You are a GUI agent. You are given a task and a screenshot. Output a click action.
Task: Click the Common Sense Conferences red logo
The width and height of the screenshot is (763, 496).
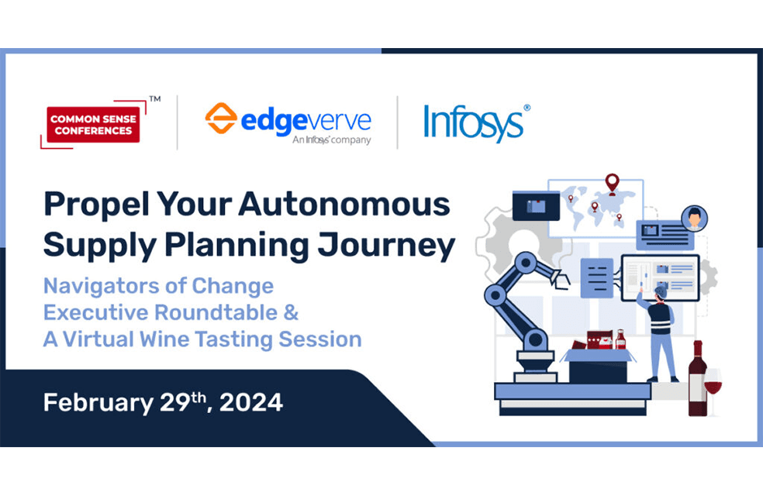[x=93, y=125]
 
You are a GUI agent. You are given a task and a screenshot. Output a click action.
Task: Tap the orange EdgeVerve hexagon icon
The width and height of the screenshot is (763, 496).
[x=221, y=118]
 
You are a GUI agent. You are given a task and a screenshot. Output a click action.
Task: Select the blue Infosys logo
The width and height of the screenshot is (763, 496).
[x=473, y=123]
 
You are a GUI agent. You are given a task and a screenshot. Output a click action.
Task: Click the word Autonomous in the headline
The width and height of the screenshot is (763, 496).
[x=344, y=204]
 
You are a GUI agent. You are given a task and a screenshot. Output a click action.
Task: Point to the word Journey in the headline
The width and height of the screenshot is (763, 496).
[x=386, y=245]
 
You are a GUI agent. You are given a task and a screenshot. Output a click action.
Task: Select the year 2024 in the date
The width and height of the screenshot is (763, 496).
[x=251, y=403]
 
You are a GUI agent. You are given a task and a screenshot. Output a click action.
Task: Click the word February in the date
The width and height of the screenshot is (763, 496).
[x=98, y=403]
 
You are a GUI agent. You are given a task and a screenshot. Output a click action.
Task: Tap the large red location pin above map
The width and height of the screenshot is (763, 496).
[x=612, y=184]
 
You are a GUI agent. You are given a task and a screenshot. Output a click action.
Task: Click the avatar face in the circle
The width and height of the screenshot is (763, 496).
[x=695, y=219]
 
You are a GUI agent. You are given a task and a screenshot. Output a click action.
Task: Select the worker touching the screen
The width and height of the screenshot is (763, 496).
[x=659, y=333]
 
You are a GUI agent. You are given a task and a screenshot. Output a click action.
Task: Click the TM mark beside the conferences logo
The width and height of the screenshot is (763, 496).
[x=155, y=98]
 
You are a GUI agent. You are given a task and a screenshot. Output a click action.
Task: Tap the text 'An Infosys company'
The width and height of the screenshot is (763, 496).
[x=331, y=140]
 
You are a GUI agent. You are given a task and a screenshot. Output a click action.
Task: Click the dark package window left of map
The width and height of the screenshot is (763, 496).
[x=536, y=206]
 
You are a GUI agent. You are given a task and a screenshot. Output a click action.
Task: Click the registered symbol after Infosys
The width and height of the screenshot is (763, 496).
[x=527, y=108]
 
